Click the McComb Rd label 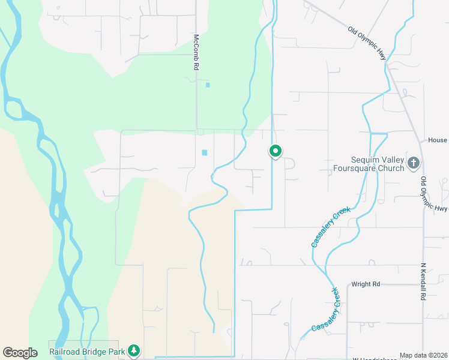point(196,52)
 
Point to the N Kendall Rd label point(424,281)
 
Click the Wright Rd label point(366,284)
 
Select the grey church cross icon point(413,163)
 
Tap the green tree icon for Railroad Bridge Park point(135,350)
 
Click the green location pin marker point(275,151)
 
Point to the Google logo point(20,353)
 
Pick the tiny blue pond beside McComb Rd point(208,85)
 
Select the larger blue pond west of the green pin point(204,153)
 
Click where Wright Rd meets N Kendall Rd point(423,284)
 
